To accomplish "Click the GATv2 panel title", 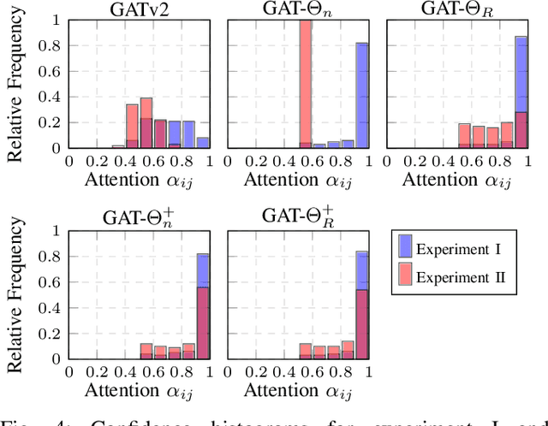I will pyautogui.click(x=139, y=9).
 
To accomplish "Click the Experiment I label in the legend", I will pyautogui.click(x=459, y=249).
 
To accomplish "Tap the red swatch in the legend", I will pyautogui.click(x=404, y=276).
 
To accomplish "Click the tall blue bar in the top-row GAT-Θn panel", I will pyautogui.click(x=362, y=95).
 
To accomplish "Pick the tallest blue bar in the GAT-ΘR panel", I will pyautogui.click(x=521, y=92).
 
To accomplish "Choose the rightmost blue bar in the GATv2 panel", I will pyautogui.click(x=203, y=142).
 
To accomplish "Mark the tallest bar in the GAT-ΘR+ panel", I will pyautogui.click(x=361, y=305).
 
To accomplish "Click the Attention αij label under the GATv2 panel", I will pyautogui.click(x=140, y=180).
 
